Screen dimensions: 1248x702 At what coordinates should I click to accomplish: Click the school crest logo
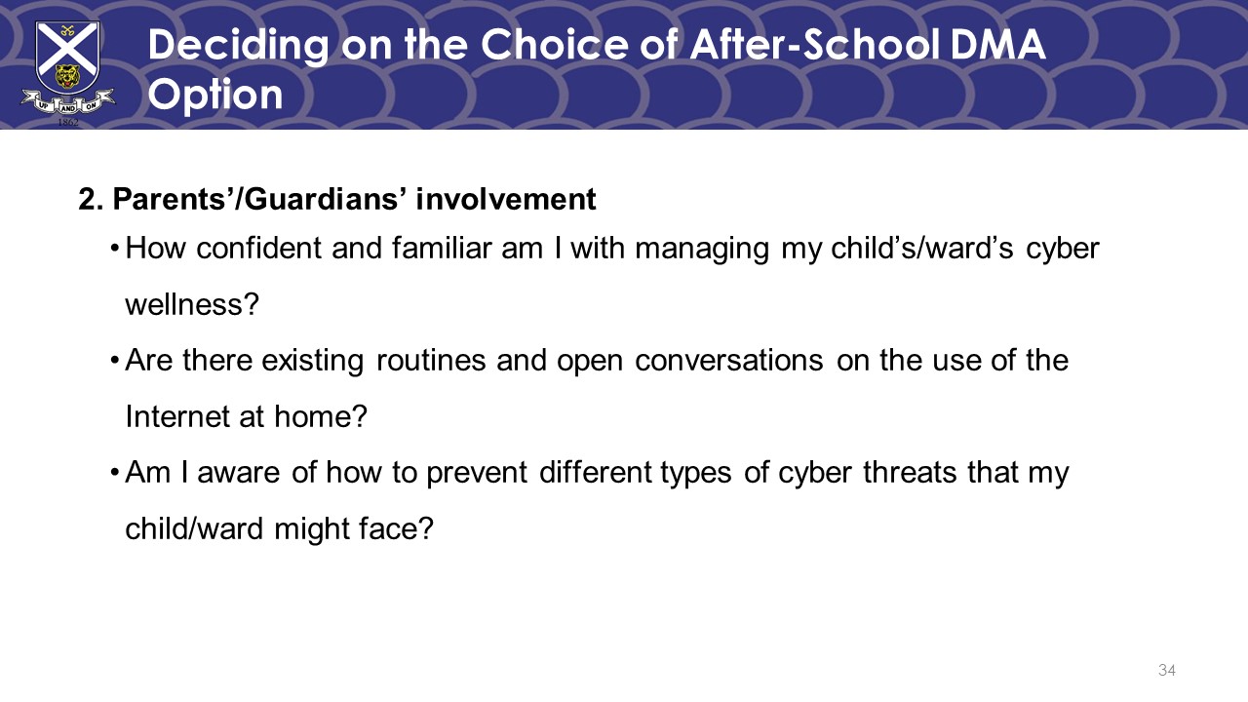coord(68,72)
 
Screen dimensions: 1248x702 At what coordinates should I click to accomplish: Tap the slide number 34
coord(1167,670)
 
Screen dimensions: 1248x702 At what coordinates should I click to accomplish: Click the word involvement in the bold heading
coord(506,199)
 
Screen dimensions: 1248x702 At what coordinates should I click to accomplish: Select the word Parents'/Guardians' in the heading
coord(256,199)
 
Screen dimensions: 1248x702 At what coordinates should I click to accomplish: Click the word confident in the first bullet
coord(258,248)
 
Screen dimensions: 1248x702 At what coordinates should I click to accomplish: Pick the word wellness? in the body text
coord(192,305)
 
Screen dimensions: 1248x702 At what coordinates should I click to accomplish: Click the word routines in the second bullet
coord(431,360)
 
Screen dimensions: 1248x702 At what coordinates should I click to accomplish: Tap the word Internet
coord(176,416)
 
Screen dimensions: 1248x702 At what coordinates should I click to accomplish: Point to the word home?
coord(321,416)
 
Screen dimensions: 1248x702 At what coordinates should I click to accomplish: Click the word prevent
coord(477,474)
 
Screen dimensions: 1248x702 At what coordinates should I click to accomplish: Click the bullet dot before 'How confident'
coord(115,249)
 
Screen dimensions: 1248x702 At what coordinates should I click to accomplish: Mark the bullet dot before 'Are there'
coord(115,361)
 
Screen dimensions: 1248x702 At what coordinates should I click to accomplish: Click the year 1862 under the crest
coord(68,122)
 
